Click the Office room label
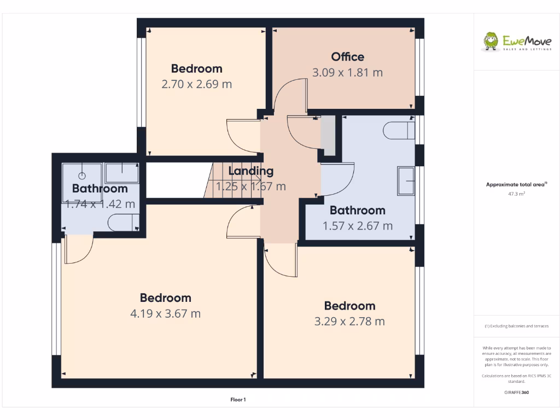347,57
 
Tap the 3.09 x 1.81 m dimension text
347,72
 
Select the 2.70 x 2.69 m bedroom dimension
196,84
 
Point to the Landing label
250,171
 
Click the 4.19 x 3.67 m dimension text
165,314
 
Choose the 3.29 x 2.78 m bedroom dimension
349,322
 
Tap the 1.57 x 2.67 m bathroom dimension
357,226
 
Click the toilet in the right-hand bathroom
399,131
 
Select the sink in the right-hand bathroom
406,180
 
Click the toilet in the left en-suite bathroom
122,223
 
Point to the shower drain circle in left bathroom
82,176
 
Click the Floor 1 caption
238,400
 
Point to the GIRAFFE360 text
517,392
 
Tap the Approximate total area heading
516,185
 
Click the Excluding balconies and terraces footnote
516,326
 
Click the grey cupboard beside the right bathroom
328,135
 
